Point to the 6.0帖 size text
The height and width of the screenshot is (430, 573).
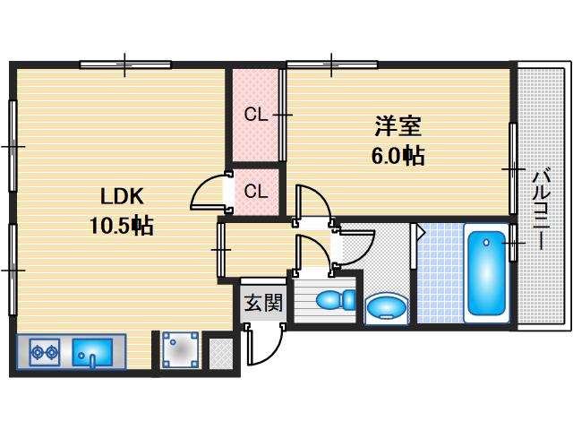point(398,155)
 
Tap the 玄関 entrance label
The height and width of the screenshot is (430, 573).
point(261,303)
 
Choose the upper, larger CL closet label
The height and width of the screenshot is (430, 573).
point(256,114)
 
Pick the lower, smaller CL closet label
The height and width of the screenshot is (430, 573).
point(256,191)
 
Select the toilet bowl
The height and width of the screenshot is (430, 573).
point(329,299)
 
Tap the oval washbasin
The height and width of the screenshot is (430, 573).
point(386,307)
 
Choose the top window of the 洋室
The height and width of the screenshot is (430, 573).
point(331,64)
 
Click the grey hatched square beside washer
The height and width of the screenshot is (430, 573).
point(219,353)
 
